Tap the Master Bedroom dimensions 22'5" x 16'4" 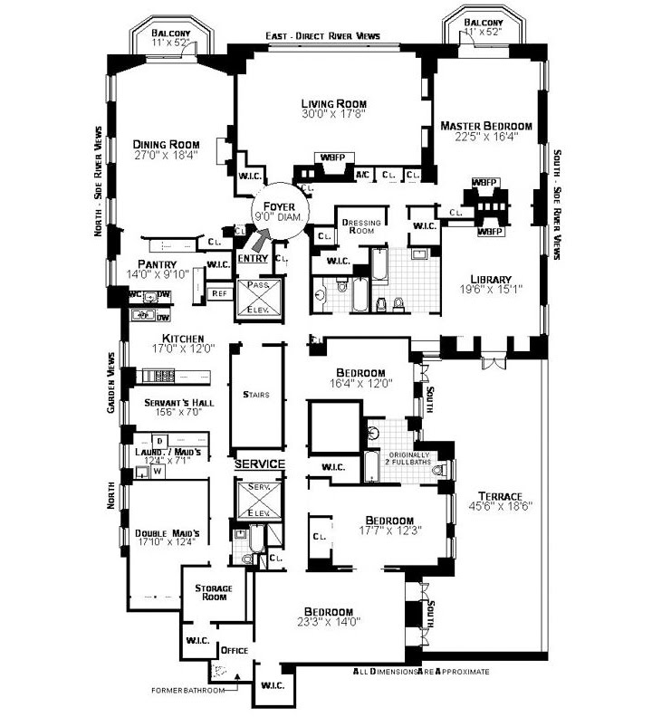pos(485,138)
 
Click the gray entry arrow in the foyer pos(261,240)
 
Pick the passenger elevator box pos(260,300)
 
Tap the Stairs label pos(257,394)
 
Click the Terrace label pos(501,496)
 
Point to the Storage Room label pos(214,593)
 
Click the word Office pos(235,650)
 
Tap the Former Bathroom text pos(187,690)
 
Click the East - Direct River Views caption pos(322,36)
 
